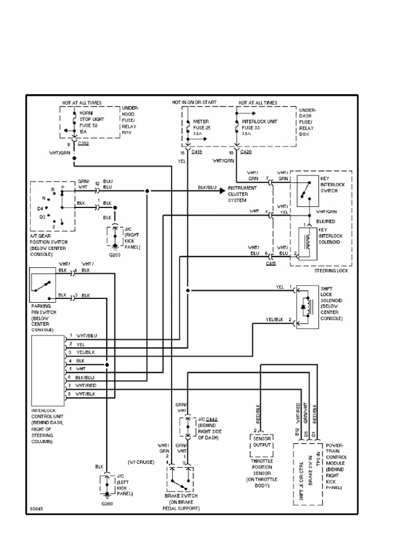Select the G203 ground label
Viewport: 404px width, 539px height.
[x=115, y=255]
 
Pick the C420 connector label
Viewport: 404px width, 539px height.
[x=246, y=152]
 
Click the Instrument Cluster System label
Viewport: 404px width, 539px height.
[x=242, y=193]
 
